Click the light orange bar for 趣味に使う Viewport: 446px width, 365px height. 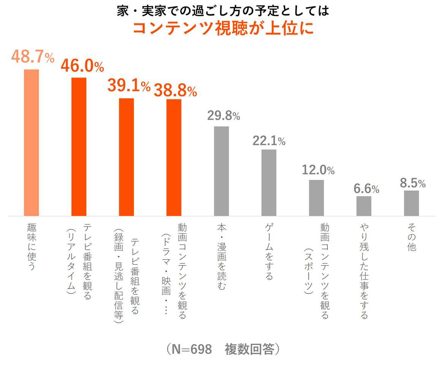click(32, 143)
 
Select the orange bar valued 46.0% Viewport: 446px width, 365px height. click(79, 147)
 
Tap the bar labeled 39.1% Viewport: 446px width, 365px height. click(127, 157)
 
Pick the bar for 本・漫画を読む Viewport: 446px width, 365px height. click(221, 171)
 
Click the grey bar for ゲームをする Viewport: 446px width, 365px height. click(269, 182)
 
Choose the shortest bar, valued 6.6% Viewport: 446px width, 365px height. click(364, 206)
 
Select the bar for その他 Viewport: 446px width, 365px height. click(411, 203)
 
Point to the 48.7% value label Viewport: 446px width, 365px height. click(32, 57)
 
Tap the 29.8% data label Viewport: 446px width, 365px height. click(224, 116)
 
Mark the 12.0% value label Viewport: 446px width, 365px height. click(318, 170)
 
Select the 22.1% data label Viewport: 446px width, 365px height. click(269, 141)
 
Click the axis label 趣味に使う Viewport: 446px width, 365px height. click(32, 247)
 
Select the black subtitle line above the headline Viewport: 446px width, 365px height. click(223, 10)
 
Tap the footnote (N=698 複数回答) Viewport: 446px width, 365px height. click(223, 349)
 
